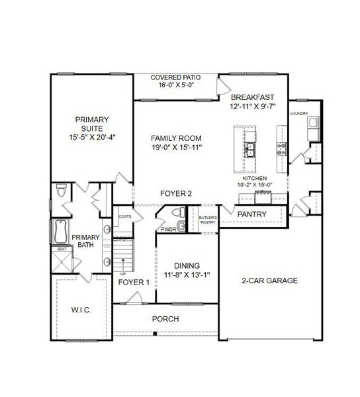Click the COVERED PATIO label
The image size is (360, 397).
coord(175,77)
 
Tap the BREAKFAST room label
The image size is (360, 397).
coord(252,97)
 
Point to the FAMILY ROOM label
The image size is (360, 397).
coord(176,138)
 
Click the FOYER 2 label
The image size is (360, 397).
coord(176,194)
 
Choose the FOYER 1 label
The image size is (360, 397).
coord(133,282)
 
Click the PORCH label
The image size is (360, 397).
coord(165,319)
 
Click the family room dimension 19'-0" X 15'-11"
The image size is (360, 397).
coord(176,147)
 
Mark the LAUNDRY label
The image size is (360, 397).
coord(299,114)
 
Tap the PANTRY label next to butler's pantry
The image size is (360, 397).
coord(252,214)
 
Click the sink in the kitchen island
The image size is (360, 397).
coord(251,151)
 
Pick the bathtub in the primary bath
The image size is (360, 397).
coord(59,231)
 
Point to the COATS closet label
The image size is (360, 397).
coord(124,216)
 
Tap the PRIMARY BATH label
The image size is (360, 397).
coord(85,241)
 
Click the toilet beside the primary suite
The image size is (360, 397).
coord(62,191)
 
